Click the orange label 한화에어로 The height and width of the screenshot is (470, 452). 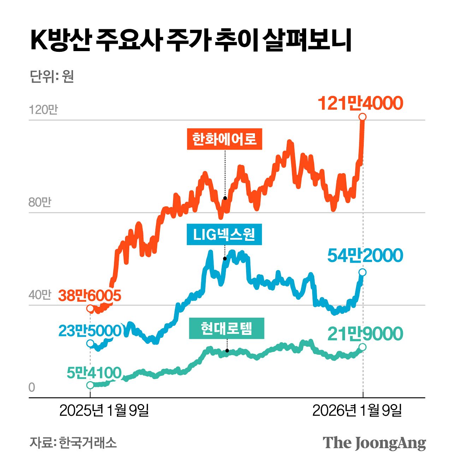(224, 139)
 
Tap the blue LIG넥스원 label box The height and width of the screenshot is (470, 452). (224, 234)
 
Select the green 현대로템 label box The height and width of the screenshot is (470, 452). (226, 328)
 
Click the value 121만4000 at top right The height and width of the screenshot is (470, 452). (360, 103)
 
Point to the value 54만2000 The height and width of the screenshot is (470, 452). (365, 256)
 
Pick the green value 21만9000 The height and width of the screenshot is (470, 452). (365, 334)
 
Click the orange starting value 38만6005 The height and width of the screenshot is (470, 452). (90, 295)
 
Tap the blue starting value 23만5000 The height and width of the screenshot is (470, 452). (90, 331)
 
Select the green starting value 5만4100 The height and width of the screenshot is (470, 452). (94, 373)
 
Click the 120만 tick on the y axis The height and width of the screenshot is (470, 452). (43, 110)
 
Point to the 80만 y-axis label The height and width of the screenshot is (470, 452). (40, 202)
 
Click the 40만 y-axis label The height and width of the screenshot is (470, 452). (40, 295)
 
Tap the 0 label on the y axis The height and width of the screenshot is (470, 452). (32, 387)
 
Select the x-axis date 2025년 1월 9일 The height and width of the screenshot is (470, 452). (104, 410)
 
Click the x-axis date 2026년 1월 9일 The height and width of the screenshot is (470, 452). (357, 410)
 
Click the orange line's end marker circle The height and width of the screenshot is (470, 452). (362, 117)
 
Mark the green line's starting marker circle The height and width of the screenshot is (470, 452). (90, 385)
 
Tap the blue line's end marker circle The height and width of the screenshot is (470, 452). (362, 272)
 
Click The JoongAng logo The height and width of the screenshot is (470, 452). (374, 443)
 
